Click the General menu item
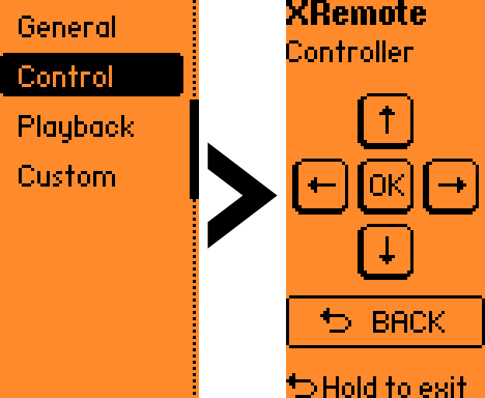point(66,26)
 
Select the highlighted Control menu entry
point(66,76)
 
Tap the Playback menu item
point(75,127)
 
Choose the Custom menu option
point(66,176)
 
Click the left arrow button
point(320,186)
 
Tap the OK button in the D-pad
point(386,186)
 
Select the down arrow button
point(386,251)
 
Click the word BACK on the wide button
point(408,322)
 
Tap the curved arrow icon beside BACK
point(337,321)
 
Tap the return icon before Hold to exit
point(302,386)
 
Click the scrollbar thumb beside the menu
point(194,148)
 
